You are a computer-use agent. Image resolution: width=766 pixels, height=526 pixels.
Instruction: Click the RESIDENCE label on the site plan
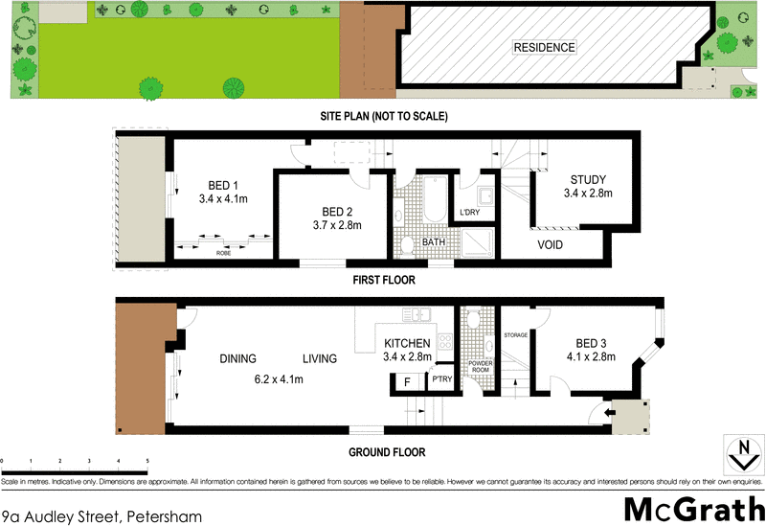pos(545,47)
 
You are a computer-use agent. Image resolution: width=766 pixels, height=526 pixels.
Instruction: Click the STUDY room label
pos(588,179)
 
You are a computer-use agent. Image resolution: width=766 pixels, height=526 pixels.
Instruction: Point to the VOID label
pos(549,244)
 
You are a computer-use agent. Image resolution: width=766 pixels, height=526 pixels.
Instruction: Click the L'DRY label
pos(469,212)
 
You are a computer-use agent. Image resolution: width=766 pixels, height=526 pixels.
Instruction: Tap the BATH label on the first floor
pos(434,242)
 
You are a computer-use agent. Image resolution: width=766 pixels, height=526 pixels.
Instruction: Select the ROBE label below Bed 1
pos(222,254)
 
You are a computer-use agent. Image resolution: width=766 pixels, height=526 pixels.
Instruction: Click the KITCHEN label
pos(409,343)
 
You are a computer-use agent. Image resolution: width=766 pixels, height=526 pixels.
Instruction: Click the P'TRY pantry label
pos(441,380)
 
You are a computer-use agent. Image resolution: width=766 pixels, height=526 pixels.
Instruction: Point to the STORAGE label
pos(515,335)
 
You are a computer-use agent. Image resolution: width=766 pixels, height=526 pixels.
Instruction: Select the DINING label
pos(237,359)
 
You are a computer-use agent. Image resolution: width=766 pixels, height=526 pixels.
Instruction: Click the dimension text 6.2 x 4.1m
pos(278,379)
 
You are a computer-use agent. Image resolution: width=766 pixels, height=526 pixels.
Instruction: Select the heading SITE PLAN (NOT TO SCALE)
pos(384,115)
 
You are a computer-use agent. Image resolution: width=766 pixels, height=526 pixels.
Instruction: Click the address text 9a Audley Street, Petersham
pos(102,516)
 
